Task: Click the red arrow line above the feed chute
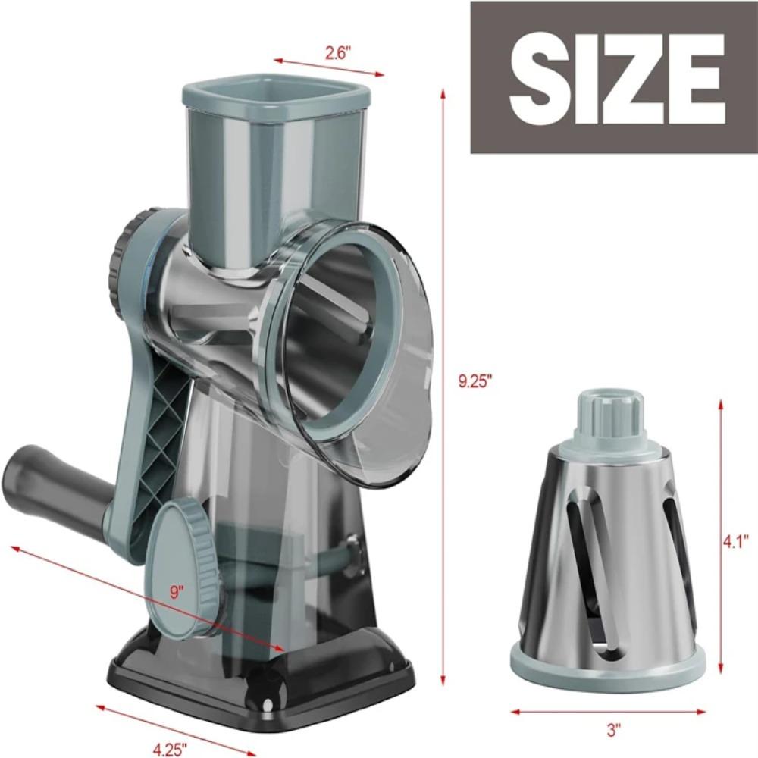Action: tap(329, 66)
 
